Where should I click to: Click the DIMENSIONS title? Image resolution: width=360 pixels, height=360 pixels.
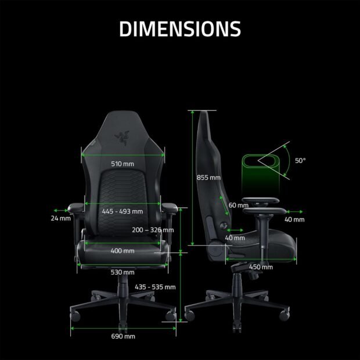[x=180, y=28]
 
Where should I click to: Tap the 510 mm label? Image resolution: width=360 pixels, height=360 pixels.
[x=123, y=164]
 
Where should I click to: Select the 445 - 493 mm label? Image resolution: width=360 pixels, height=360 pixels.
[x=123, y=211]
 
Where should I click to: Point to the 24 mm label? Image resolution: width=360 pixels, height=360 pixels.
[x=60, y=218]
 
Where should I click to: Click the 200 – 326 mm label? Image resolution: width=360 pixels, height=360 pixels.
[x=153, y=230]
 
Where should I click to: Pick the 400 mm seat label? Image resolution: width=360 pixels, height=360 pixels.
[x=123, y=251]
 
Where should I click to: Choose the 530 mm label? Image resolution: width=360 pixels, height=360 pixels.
[x=123, y=272]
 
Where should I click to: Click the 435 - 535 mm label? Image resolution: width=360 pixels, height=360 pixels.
[x=155, y=287]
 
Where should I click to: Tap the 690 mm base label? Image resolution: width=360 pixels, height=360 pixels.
[x=123, y=336]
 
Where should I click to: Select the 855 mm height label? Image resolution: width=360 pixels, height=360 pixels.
[x=208, y=177]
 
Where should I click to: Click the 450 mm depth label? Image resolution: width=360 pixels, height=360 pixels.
[x=261, y=267]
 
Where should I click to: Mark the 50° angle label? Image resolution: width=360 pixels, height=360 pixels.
[x=300, y=160]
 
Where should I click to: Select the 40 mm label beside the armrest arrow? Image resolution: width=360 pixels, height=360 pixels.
[x=294, y=219]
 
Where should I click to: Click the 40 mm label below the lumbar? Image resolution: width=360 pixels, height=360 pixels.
[x=235, y=237]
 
